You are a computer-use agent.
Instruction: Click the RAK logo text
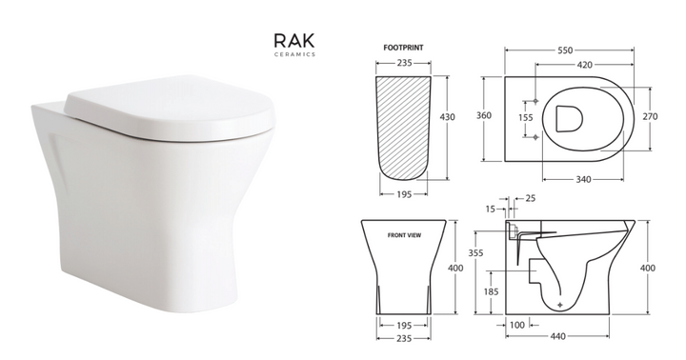(294, 40)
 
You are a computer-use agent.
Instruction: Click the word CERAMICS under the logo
(294, 54)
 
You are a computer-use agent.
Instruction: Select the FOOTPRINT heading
(403, 48)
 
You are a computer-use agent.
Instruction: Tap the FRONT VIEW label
(404, 235)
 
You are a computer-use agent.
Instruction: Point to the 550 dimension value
(565, 50)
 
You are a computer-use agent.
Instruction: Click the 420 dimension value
(584, 65)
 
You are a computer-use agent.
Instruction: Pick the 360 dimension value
(484, 115)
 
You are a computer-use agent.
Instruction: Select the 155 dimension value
(525, 118)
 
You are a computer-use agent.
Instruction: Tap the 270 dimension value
(650, 117)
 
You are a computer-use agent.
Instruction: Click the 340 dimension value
(583, 179)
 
